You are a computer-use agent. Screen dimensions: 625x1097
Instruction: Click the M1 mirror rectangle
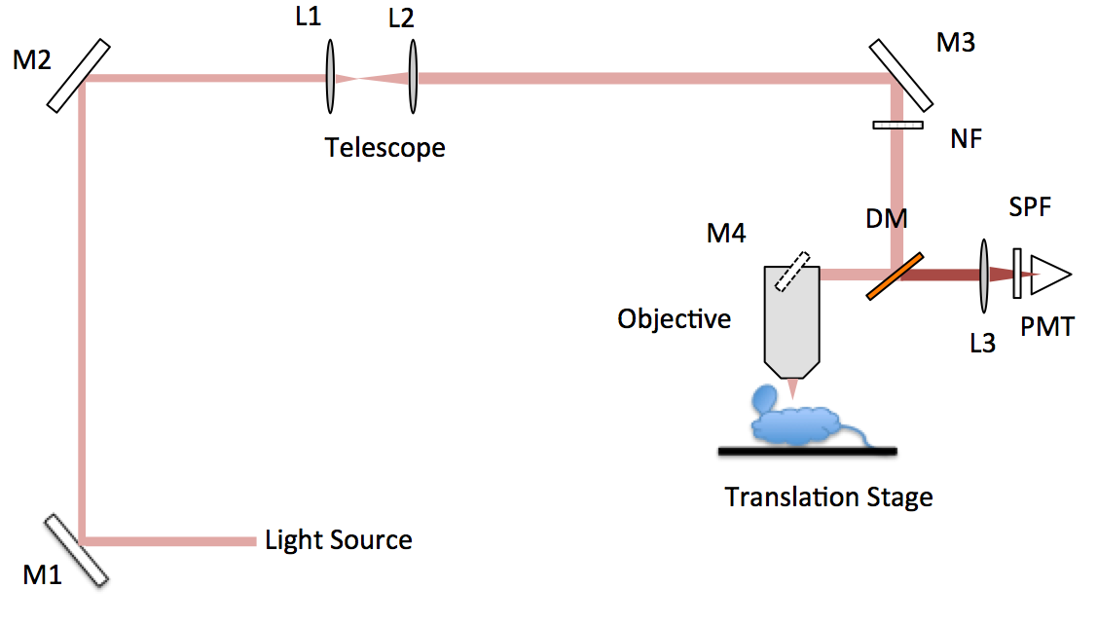[76, 550]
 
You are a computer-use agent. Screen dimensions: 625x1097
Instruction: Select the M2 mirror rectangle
[77, 75]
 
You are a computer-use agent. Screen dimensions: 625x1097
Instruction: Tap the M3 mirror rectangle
[900, 74]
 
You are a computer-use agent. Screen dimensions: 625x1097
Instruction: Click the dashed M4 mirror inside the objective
[792, 272]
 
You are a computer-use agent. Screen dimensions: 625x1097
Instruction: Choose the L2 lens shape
[413, 77]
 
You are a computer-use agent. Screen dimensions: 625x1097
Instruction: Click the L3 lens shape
[984, 275]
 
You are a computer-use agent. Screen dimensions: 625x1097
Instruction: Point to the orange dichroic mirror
[893, 276]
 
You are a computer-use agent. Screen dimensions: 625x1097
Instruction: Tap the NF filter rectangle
[897, 125]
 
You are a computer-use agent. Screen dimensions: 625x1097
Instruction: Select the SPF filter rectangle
[1017, 275]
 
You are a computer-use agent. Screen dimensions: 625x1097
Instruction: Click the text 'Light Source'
[338, 540]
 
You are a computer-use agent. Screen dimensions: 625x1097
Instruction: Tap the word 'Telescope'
[384, 148]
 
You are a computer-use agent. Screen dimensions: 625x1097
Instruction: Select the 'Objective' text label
[674, 318]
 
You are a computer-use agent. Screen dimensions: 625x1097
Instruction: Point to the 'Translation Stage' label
[828, 497]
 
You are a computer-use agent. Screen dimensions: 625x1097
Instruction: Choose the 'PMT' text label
[1047, 326]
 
